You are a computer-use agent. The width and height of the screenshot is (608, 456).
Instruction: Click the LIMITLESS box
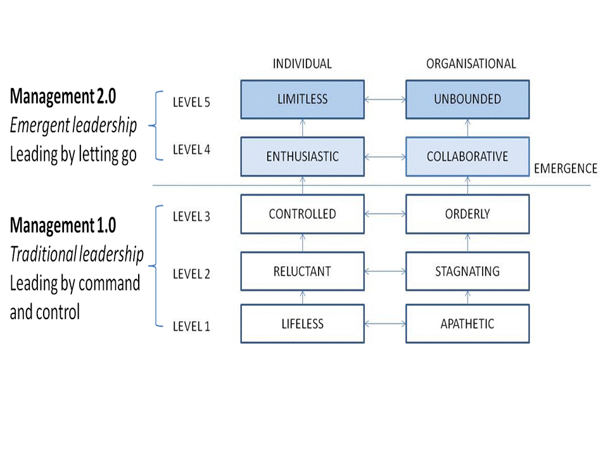point(302,99)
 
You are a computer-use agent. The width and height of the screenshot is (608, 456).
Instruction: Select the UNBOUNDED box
point(467,99)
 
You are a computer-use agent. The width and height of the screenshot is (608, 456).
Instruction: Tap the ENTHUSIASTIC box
point(302,156)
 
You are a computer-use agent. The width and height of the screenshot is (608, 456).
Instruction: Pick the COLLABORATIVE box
point(467,156)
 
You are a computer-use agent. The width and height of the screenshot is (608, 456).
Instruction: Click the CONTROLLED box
point(302,214)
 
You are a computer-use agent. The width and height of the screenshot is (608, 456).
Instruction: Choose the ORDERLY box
point(467,214)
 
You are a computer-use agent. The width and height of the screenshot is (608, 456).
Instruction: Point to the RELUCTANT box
point(302,272)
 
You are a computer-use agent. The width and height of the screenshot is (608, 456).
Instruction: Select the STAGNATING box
point(467,272)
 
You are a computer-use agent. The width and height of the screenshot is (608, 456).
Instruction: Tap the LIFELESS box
point(302,324)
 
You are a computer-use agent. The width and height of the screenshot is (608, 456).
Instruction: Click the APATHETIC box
point(467,324)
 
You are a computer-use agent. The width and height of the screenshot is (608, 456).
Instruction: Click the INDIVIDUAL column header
point(302,64)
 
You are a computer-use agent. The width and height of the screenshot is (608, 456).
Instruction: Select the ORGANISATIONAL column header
point(471,64)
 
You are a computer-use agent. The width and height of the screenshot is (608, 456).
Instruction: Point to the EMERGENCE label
point(566,168)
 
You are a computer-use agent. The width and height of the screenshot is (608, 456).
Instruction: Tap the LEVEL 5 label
point(191,102)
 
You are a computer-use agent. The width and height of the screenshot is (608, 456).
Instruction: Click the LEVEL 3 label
point(191,217)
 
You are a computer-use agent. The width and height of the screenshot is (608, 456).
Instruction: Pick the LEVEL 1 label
point(191,327)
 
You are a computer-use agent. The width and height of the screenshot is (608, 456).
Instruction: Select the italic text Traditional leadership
point(77,255)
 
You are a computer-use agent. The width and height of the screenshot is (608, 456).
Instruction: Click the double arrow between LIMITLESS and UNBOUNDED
point(385,99)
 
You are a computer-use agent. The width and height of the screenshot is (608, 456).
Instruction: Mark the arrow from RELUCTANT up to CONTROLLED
point(303,243)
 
